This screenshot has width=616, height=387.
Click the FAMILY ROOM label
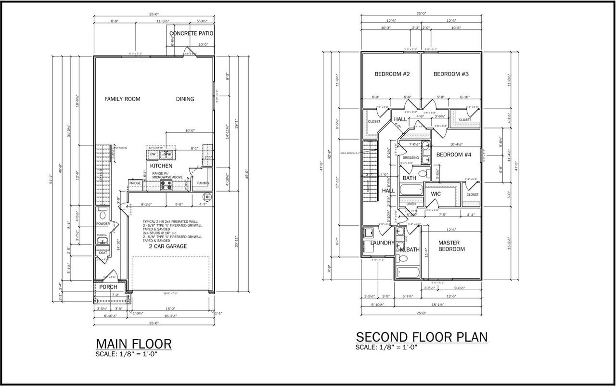tap(122, 99)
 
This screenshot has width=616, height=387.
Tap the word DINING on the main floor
tap(185, 99)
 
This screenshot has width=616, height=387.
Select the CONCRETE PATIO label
tap(191, 34)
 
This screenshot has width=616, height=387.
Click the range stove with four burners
tap(166, 183)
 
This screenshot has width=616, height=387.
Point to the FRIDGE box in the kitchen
tap(135, 183)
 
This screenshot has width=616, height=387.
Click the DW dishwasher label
tap(153, 155)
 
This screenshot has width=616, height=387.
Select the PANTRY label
tap(203, 183)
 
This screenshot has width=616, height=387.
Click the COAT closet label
tap(103, 253)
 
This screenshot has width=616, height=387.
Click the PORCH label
tap(108, 287)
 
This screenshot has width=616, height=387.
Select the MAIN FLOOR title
tap(134, 344)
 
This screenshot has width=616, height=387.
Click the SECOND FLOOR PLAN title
tap(421, 337)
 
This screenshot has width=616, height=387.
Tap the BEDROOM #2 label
tap(392, 74)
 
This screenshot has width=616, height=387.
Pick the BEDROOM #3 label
tap(451, 74)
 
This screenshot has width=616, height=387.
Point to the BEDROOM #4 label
tap(454, 155)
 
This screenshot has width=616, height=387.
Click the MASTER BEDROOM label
tap(451, 246)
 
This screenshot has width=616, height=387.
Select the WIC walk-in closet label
tap(436, 194)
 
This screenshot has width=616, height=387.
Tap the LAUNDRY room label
tap(382, 243)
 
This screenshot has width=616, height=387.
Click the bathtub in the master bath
tap(408, 273)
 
